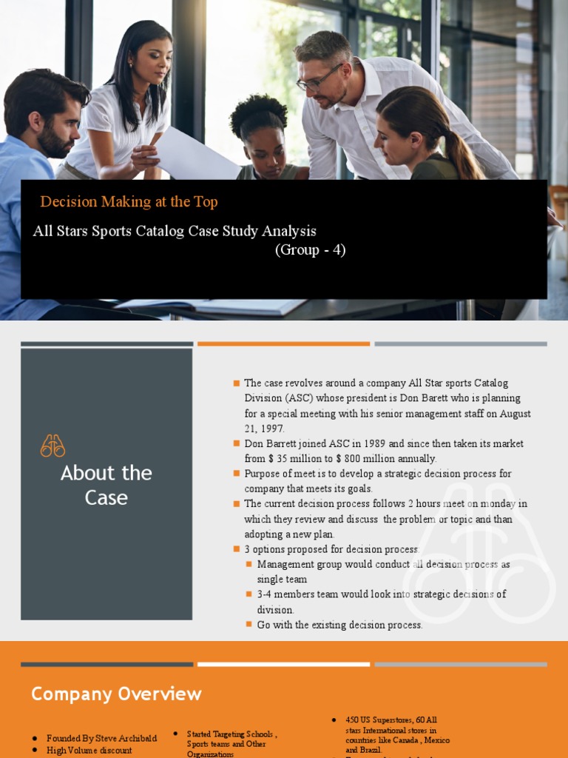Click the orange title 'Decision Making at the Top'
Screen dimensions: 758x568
coord(129,201)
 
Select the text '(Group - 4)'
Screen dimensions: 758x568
coord(310,249)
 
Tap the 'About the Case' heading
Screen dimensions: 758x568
coord(106,485)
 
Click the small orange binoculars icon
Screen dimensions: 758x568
coord(53,446)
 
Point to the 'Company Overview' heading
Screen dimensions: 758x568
coord(116,694)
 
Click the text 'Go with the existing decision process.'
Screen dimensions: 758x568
coord(339,625)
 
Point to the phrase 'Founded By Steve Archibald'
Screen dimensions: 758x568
coord(101,738)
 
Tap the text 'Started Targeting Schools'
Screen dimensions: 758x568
coord(231,734)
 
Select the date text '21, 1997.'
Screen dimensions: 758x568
coord(264,428)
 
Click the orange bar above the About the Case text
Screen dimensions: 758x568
coord(283,343)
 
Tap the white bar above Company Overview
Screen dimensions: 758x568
coord(283,664)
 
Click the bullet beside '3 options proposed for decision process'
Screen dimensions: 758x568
coord(237,549)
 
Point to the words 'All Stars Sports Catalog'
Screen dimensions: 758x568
coord(110,231)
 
